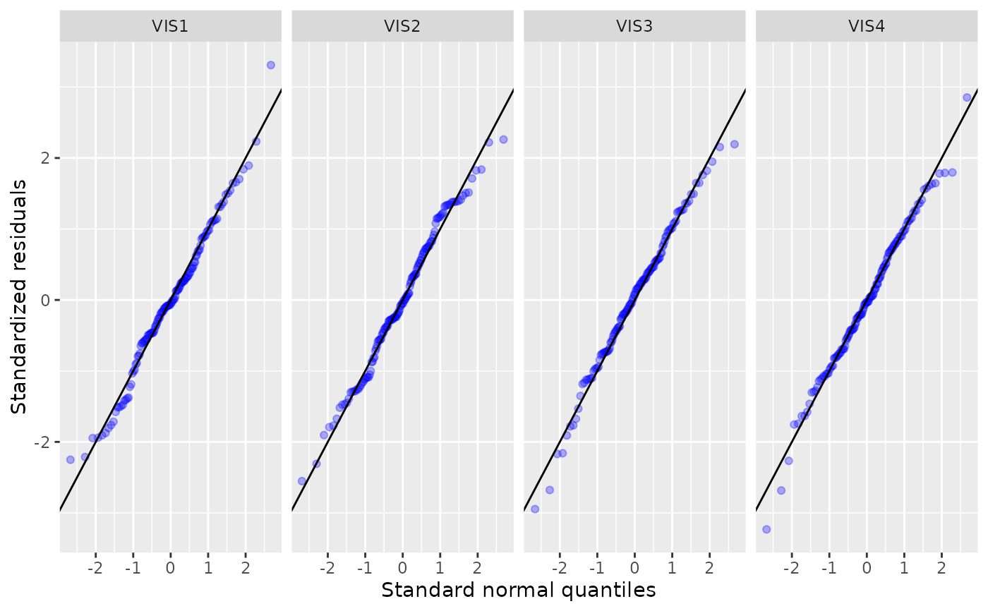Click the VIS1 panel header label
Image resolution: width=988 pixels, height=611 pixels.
pos(170,26)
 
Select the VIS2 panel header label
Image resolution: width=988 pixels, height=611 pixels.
pos(402,26)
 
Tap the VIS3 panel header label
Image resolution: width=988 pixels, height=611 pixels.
pos(634,26)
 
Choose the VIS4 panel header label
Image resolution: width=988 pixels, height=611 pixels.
pos(867,26)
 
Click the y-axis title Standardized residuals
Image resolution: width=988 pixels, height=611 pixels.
pos(19,296)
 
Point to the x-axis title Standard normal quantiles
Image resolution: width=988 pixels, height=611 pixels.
pos(519,590)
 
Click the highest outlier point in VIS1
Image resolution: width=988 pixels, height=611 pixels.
pos(270,65)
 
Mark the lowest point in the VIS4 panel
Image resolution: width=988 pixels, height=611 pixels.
pos(766,529)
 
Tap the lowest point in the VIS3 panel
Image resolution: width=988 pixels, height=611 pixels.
pos(534,509)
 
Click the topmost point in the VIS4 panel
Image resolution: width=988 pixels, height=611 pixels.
pos(967,97)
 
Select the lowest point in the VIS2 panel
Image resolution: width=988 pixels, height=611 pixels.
pos(302,481)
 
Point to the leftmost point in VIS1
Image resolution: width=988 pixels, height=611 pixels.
pos(70,459)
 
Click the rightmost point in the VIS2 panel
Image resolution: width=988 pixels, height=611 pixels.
pos(503,140)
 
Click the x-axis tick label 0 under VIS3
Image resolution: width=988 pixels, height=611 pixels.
pos(634,568)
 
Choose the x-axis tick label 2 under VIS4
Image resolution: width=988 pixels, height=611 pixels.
pos(941,568)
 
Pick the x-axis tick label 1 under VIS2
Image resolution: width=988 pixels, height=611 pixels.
pos(440,568)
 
